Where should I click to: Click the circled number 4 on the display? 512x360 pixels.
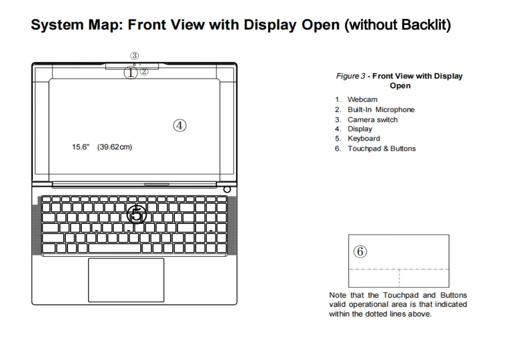click(x=180, y=125)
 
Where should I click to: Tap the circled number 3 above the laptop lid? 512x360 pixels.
click(x=135, y=56)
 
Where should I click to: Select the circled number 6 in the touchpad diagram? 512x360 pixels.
click(x=360, y=251)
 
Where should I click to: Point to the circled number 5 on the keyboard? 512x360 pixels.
click(x=137, y=214)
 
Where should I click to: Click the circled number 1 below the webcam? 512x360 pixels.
click(x=130, y=73)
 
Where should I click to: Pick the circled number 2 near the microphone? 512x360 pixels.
click(x=144, y=72)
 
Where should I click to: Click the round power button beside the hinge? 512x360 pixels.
click(x=227, y=189)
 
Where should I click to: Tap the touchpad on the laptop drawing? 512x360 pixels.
click(x=126, y=280)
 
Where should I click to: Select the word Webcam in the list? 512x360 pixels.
click(x=362, y=99)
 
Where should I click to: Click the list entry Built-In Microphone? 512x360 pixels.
click(x=381, y=110)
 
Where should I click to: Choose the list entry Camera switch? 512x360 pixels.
click(x=372, y=120)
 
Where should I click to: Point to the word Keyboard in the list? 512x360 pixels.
click(x=364, y=139)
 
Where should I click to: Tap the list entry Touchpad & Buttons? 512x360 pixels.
click(x=382, y=149)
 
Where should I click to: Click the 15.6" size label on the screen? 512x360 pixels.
click(x=81, y=147)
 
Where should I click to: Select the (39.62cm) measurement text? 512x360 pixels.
click(x=114, y=147)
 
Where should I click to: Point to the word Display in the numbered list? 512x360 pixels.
click(x=360, y=129)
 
